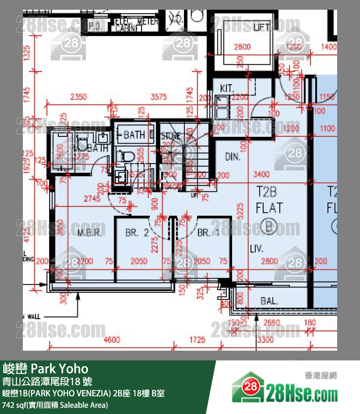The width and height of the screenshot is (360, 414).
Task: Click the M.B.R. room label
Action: tap(90, 232)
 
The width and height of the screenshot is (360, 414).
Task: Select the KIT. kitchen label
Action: tap(227, 89)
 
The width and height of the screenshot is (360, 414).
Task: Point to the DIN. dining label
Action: tap(234, 157)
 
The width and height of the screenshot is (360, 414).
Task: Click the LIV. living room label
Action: tap(256, 249)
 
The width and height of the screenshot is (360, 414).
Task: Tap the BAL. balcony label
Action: tap(269, 301)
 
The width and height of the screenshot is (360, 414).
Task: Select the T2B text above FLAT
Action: tap(269, 191)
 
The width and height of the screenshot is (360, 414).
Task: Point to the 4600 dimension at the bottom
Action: tap(112, 339)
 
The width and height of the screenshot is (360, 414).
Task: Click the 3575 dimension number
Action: tap(159, 97)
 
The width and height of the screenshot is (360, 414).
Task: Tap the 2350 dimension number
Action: tap(78, 97)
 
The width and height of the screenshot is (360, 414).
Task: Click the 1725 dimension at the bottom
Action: tap(197, 339)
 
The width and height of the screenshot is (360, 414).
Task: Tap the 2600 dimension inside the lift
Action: tap(242, 47)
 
